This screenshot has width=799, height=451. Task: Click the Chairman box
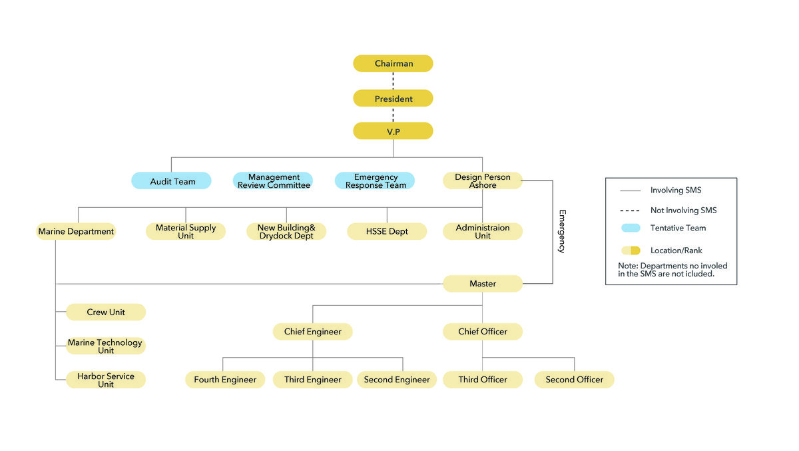coord(393,63)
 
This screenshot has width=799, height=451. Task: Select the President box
coord(393,99)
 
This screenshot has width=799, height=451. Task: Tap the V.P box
coord(393,131)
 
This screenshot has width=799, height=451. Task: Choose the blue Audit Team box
coord(171,181)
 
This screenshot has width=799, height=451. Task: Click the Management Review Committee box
coord(273,181)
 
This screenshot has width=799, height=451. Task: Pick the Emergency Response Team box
coord(375,181)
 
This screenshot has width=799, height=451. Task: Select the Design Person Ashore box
coord(483,181)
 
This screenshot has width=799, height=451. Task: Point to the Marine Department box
coord(76,232)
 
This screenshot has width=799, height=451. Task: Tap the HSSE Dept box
coord(387,232)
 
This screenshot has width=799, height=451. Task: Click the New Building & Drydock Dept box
coord(286,232)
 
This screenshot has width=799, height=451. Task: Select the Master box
coord(483,284)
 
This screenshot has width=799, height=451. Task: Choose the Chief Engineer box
coord(313,331)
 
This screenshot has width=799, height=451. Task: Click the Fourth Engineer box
coord(225,380)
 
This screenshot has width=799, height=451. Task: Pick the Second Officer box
coord(575,380)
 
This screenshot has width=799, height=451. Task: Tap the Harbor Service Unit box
coord(106,380)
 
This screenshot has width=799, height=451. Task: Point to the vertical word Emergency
coord(561,231)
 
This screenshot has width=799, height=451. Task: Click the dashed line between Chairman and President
coord(393,81)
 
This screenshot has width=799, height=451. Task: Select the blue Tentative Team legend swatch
coord(631,228)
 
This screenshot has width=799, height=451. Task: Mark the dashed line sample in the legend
coord(631,210)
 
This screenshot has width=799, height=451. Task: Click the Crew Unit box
coord(106,312)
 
